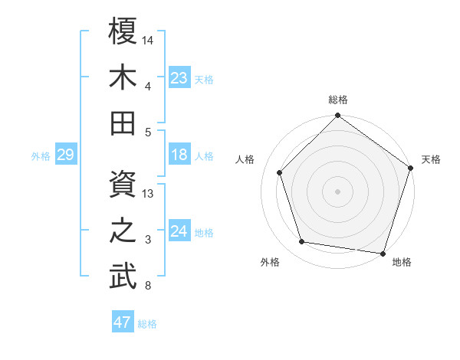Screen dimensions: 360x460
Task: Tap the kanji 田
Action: click(x=123, y=123)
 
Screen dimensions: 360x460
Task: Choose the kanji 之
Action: click(x=123, y=231)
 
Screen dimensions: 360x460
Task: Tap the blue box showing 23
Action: click(x=179, y=77)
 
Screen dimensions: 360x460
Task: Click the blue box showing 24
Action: click(x=179, y=231)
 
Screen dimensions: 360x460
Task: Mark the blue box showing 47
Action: click(x=123, y=322)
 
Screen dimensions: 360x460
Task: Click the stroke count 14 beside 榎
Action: click(x=149, y=39)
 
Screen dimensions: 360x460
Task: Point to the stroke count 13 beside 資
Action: click(x=149, y=194)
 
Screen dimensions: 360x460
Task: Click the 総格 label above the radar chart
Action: click(x=338, y=100)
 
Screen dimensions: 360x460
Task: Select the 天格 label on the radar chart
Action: click(x=431, y=159)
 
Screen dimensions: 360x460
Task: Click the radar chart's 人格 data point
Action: click(x=280, y=172)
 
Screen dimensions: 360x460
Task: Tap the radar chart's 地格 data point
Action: click(x=383, y=253)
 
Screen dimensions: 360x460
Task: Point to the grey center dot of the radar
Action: click(x=338, y=191)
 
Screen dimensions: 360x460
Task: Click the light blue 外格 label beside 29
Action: click(x=41, y=156)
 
